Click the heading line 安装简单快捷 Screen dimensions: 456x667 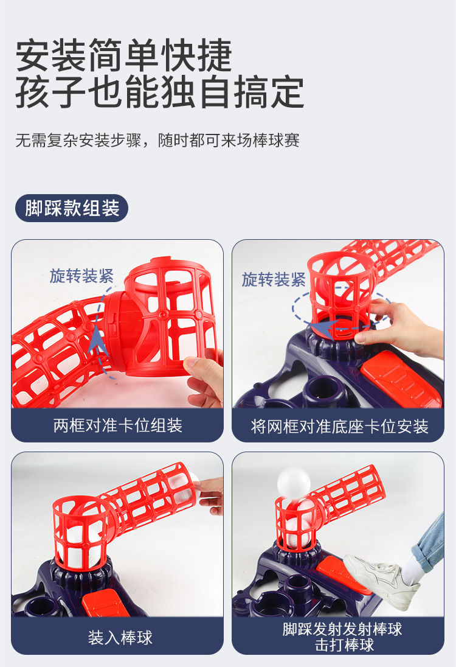123,55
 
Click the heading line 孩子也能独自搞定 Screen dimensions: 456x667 160,92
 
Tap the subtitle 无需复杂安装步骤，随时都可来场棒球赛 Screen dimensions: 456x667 157,140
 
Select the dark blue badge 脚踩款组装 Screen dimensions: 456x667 72,208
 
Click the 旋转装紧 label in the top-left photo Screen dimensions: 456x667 81,276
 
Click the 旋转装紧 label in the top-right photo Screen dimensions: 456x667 274,279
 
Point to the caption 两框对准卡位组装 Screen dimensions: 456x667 118,425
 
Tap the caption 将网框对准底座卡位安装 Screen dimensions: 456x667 339,426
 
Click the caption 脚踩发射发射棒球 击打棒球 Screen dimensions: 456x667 342,637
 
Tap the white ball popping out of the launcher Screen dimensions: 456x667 294,481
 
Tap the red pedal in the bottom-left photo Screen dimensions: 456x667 106,602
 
